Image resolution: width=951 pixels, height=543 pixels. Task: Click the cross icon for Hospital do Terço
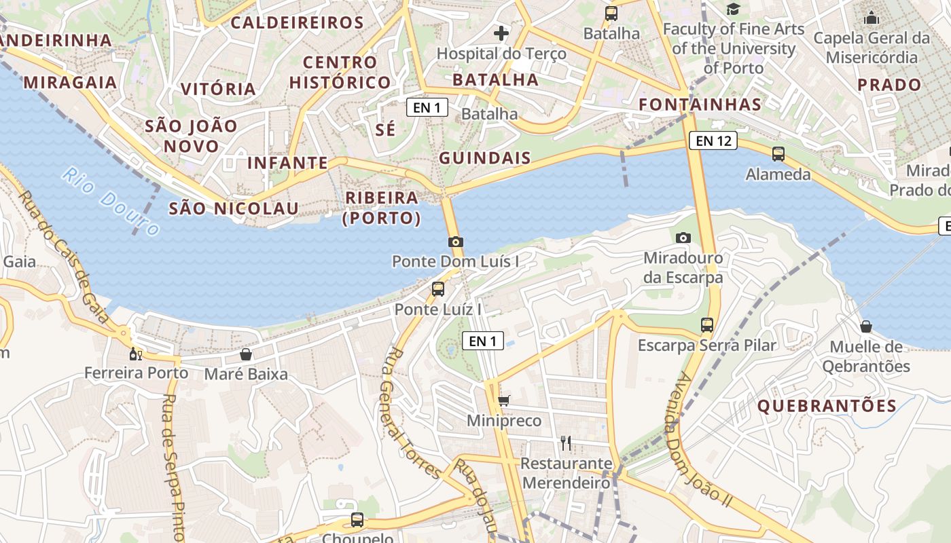501,33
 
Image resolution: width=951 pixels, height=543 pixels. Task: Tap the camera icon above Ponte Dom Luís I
456,242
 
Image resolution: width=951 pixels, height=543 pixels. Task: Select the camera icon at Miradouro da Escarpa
683,238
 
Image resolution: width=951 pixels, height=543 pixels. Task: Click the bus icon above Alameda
778,154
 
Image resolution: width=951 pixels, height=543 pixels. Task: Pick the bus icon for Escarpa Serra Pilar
707,325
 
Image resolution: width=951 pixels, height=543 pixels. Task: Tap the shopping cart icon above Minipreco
503,400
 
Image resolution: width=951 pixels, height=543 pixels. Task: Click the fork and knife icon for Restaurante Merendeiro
565,443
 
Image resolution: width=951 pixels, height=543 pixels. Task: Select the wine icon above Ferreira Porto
136,354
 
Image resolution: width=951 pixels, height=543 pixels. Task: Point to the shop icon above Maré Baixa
246,354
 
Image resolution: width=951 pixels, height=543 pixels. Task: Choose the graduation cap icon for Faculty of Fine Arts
733,10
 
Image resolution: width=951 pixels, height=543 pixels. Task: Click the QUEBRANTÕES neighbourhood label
827,407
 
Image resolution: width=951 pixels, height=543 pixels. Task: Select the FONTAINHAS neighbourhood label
700,105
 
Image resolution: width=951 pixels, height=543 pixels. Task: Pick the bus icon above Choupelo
357,520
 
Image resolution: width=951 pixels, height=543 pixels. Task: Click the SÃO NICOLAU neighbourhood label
234,208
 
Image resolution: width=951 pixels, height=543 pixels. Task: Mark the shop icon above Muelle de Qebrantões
866,326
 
